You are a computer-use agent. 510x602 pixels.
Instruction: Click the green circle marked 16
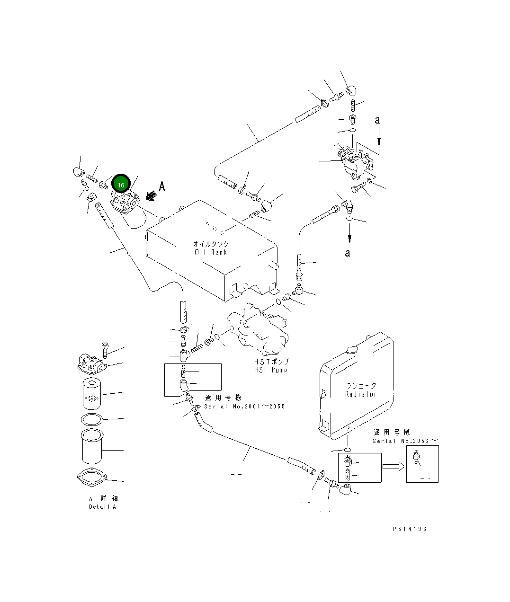(121, 185)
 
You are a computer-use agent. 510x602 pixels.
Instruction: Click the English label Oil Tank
(211, 252)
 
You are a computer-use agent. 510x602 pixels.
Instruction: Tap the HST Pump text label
(271, 370)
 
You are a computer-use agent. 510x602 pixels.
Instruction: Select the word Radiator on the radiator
(361, 394)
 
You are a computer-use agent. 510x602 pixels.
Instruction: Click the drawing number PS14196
(409, 529)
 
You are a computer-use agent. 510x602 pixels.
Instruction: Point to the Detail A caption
(102, 507)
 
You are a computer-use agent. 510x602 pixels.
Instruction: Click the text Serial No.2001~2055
(244, 407)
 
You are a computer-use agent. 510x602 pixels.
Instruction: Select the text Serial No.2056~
(405, 441)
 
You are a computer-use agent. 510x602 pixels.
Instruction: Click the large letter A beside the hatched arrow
(162, 186)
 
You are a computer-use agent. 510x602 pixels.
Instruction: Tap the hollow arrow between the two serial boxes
(393, 467)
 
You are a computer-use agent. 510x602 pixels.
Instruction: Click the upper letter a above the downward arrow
(377, 120)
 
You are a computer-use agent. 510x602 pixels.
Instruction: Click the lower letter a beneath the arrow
(348, 253)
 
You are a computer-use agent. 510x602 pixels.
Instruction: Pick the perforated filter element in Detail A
(92, 393)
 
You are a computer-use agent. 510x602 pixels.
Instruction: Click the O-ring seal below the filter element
(91, 419)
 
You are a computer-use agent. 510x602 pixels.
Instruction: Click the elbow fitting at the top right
(351, 90)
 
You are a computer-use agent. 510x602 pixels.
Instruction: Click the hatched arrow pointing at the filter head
(151, 195)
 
